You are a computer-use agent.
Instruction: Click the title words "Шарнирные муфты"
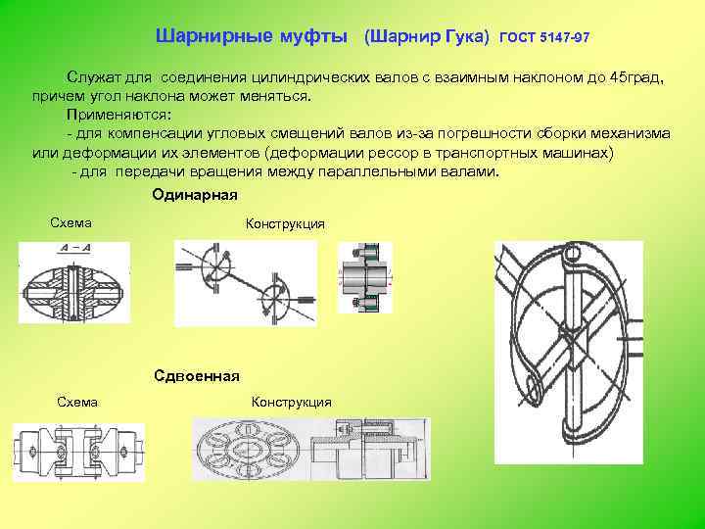pos(252,38)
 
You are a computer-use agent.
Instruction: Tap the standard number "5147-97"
pos(561,39)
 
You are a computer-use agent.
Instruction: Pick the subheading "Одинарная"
pos(195,195)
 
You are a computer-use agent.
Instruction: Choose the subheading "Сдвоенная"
pos(197,376)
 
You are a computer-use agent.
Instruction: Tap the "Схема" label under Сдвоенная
pos(77,402)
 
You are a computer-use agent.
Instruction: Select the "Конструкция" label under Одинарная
pos(285,224)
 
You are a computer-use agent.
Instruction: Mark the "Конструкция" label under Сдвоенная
pos(292,403)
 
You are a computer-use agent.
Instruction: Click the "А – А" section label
pos(74,248)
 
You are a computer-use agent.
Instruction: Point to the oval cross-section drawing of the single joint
pos(74,285)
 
